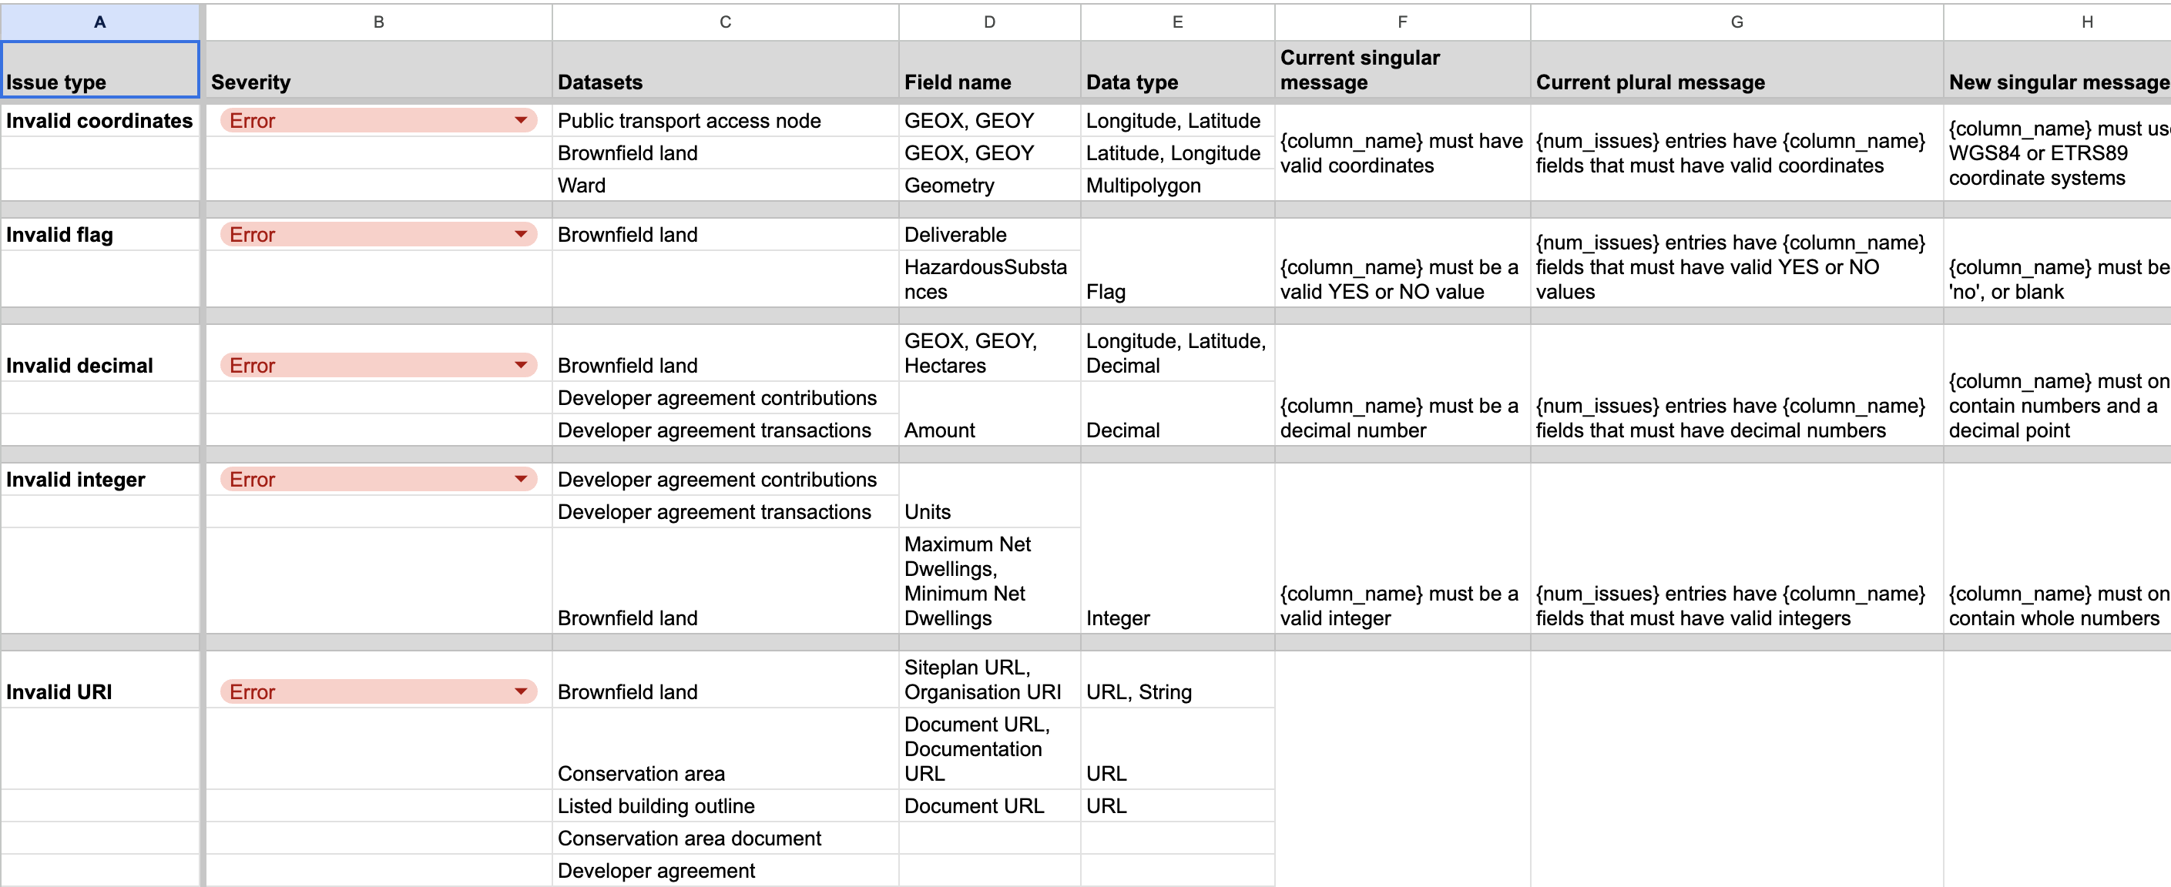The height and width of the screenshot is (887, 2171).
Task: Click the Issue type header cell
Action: tap(99, 70)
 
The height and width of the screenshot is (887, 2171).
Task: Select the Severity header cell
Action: tap(377, 70)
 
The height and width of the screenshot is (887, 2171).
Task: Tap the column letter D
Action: tap(988, 22)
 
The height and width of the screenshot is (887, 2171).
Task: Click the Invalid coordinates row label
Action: tap(99, 120)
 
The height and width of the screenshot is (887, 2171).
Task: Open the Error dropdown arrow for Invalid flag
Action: tap(521, 234)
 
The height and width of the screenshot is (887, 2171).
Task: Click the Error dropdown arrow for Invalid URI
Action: tap(521, 691)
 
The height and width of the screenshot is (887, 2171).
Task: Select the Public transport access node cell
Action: tap(724, 120)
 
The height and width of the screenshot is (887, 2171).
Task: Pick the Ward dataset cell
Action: tap(724, 186)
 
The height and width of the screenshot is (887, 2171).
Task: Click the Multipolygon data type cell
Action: tap(1176, 186)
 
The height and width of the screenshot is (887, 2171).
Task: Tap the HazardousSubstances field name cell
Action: tap(988, 279)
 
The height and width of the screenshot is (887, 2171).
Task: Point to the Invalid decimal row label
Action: tap(99, 365)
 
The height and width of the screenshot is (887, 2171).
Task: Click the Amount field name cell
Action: tap(988, 430)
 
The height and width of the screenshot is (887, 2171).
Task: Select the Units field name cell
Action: tap(988, 511)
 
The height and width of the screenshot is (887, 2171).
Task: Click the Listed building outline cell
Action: tap(724, 805)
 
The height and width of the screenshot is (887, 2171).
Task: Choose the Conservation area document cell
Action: tap(724, 838)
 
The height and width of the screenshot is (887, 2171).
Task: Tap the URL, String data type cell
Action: tap(1176, 691)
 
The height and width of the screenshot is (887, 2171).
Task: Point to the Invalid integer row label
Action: tap(99, 479)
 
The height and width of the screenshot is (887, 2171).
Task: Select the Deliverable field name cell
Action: tap(988, 234)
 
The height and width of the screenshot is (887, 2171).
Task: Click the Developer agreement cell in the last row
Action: tap(724, 870)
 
